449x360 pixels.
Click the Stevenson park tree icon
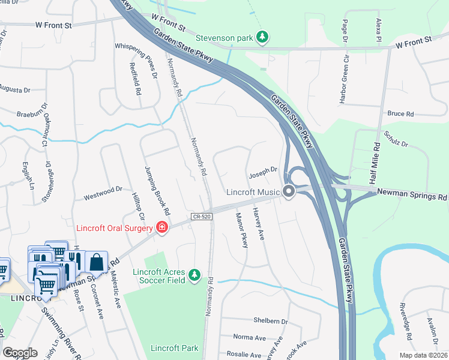pos(262,37)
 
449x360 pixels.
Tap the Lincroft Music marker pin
pos(289,192)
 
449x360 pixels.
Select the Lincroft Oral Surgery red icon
pos(161,227)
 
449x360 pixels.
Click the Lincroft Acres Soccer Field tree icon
pos(194,274)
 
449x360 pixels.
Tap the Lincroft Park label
pos(174,348)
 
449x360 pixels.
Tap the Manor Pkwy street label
pos(242,230)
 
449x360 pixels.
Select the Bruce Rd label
pos(400,113)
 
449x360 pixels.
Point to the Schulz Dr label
pos(396,140)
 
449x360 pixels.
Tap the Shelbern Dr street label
pos(271,322)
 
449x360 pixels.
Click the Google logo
pos(20,353)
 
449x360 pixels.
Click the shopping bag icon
pos(96,262)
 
